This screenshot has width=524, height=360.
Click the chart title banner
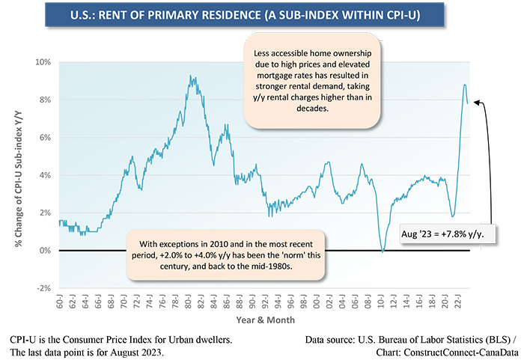[x=245, y=15]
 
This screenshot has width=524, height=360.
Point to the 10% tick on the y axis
[x=43, y=62]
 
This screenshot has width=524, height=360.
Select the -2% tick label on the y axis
[x=43, y=288]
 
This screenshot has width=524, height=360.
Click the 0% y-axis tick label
[x=45, y=251]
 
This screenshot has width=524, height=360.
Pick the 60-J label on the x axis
[x=59, y=302]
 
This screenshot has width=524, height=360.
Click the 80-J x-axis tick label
[x=188, y=302]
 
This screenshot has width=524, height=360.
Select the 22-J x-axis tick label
[x=457, y=302]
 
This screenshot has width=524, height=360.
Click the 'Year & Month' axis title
[x=266, y=320]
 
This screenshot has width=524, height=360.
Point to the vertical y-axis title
[x=19, y=178]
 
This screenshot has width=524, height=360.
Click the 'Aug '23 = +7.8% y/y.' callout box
[x=448, y=234]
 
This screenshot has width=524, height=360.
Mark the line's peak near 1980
[x=190, y=76]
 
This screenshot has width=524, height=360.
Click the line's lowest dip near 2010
[x=383, y=251]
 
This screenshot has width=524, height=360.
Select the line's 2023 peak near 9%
[x=465, y=85]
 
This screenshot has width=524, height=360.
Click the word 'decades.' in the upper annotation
[x=312, y=109]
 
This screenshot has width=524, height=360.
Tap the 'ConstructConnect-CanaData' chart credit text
[x=461, y=353]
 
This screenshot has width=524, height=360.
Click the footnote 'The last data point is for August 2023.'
[x=87, y=353]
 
